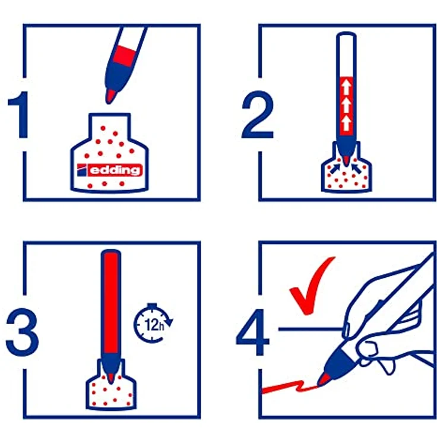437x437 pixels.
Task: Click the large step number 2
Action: point(258,114)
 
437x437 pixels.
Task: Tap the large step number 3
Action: point(23,332)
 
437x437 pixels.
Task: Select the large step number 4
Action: point(252,332)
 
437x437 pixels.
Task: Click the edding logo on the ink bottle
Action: point(110,170)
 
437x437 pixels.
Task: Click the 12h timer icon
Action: point(153,323)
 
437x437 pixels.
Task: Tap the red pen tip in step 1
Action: point(110,96)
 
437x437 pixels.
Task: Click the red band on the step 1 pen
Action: point(124,56)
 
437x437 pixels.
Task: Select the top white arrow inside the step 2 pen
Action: point(346,87)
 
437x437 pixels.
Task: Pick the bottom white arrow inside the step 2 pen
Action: point(346,123)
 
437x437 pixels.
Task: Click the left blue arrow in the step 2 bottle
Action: point(335,169)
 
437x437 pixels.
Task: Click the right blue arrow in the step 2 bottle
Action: point(357,169)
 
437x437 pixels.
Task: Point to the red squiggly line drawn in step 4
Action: point(290,387)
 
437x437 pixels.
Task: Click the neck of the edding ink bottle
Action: point(109,125)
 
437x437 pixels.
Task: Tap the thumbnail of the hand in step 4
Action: point(346,330)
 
